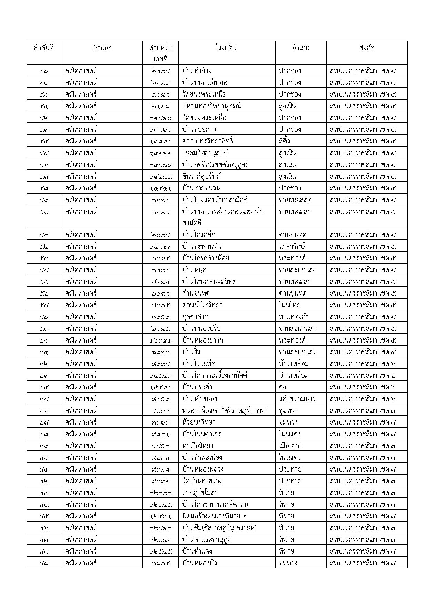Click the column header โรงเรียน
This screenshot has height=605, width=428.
pyautogui.click(x=226, y=48)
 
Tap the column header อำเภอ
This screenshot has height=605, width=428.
pyautogui.click(x=300, y=48)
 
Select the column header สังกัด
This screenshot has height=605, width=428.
pyautogui.click(x=366, y=48)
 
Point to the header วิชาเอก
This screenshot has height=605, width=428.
pyautogui.click(x=102, y=48)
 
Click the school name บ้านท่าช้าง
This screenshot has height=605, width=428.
pyautogui.click(x=197, y=71)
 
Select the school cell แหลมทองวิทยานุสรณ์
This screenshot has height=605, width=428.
pyautogui.click(x=211, y=106)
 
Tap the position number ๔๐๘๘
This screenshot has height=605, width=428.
pyautogui.click(x=160, y=94)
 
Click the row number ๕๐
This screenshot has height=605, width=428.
pyautogui.click(x=44, y=212)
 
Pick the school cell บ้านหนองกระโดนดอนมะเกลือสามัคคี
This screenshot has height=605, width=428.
pyautogui.click(x=223, y=217)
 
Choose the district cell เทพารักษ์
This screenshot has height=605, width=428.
pyautogui.click(x=292, y=246)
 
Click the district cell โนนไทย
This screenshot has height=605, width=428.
pyautogui.click(x=289, y=305)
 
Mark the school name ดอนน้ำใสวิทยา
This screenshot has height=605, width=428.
pyautogui.click(x=202, y=305)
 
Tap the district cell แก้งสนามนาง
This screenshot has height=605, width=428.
pyautogui.click(x=297, y=399)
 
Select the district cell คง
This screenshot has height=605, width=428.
pyautogui.click(x=282, y=387)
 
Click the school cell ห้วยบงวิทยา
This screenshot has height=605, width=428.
pyautogui.click(x=199, y=422)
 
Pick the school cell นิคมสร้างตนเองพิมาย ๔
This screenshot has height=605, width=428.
pyautogui.click(x=215, y=516)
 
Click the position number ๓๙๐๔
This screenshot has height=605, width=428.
pyautogui.click(x=160, y=563)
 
